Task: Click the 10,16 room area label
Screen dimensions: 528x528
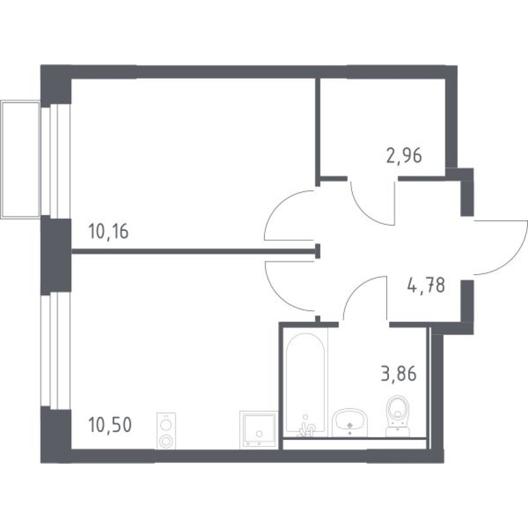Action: tap(108, 231)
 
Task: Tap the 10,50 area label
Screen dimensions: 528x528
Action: tap(109, 425)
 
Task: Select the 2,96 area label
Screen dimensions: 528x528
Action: tap(404, 156)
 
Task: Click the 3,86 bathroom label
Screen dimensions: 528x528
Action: tap(398, 376)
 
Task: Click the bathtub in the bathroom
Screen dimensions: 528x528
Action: tap(306, 384)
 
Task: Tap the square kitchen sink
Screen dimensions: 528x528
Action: tap(258, 430)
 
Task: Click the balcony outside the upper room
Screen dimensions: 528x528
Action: tap(20, 160)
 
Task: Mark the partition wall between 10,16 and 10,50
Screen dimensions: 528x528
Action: tap(192, 252)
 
